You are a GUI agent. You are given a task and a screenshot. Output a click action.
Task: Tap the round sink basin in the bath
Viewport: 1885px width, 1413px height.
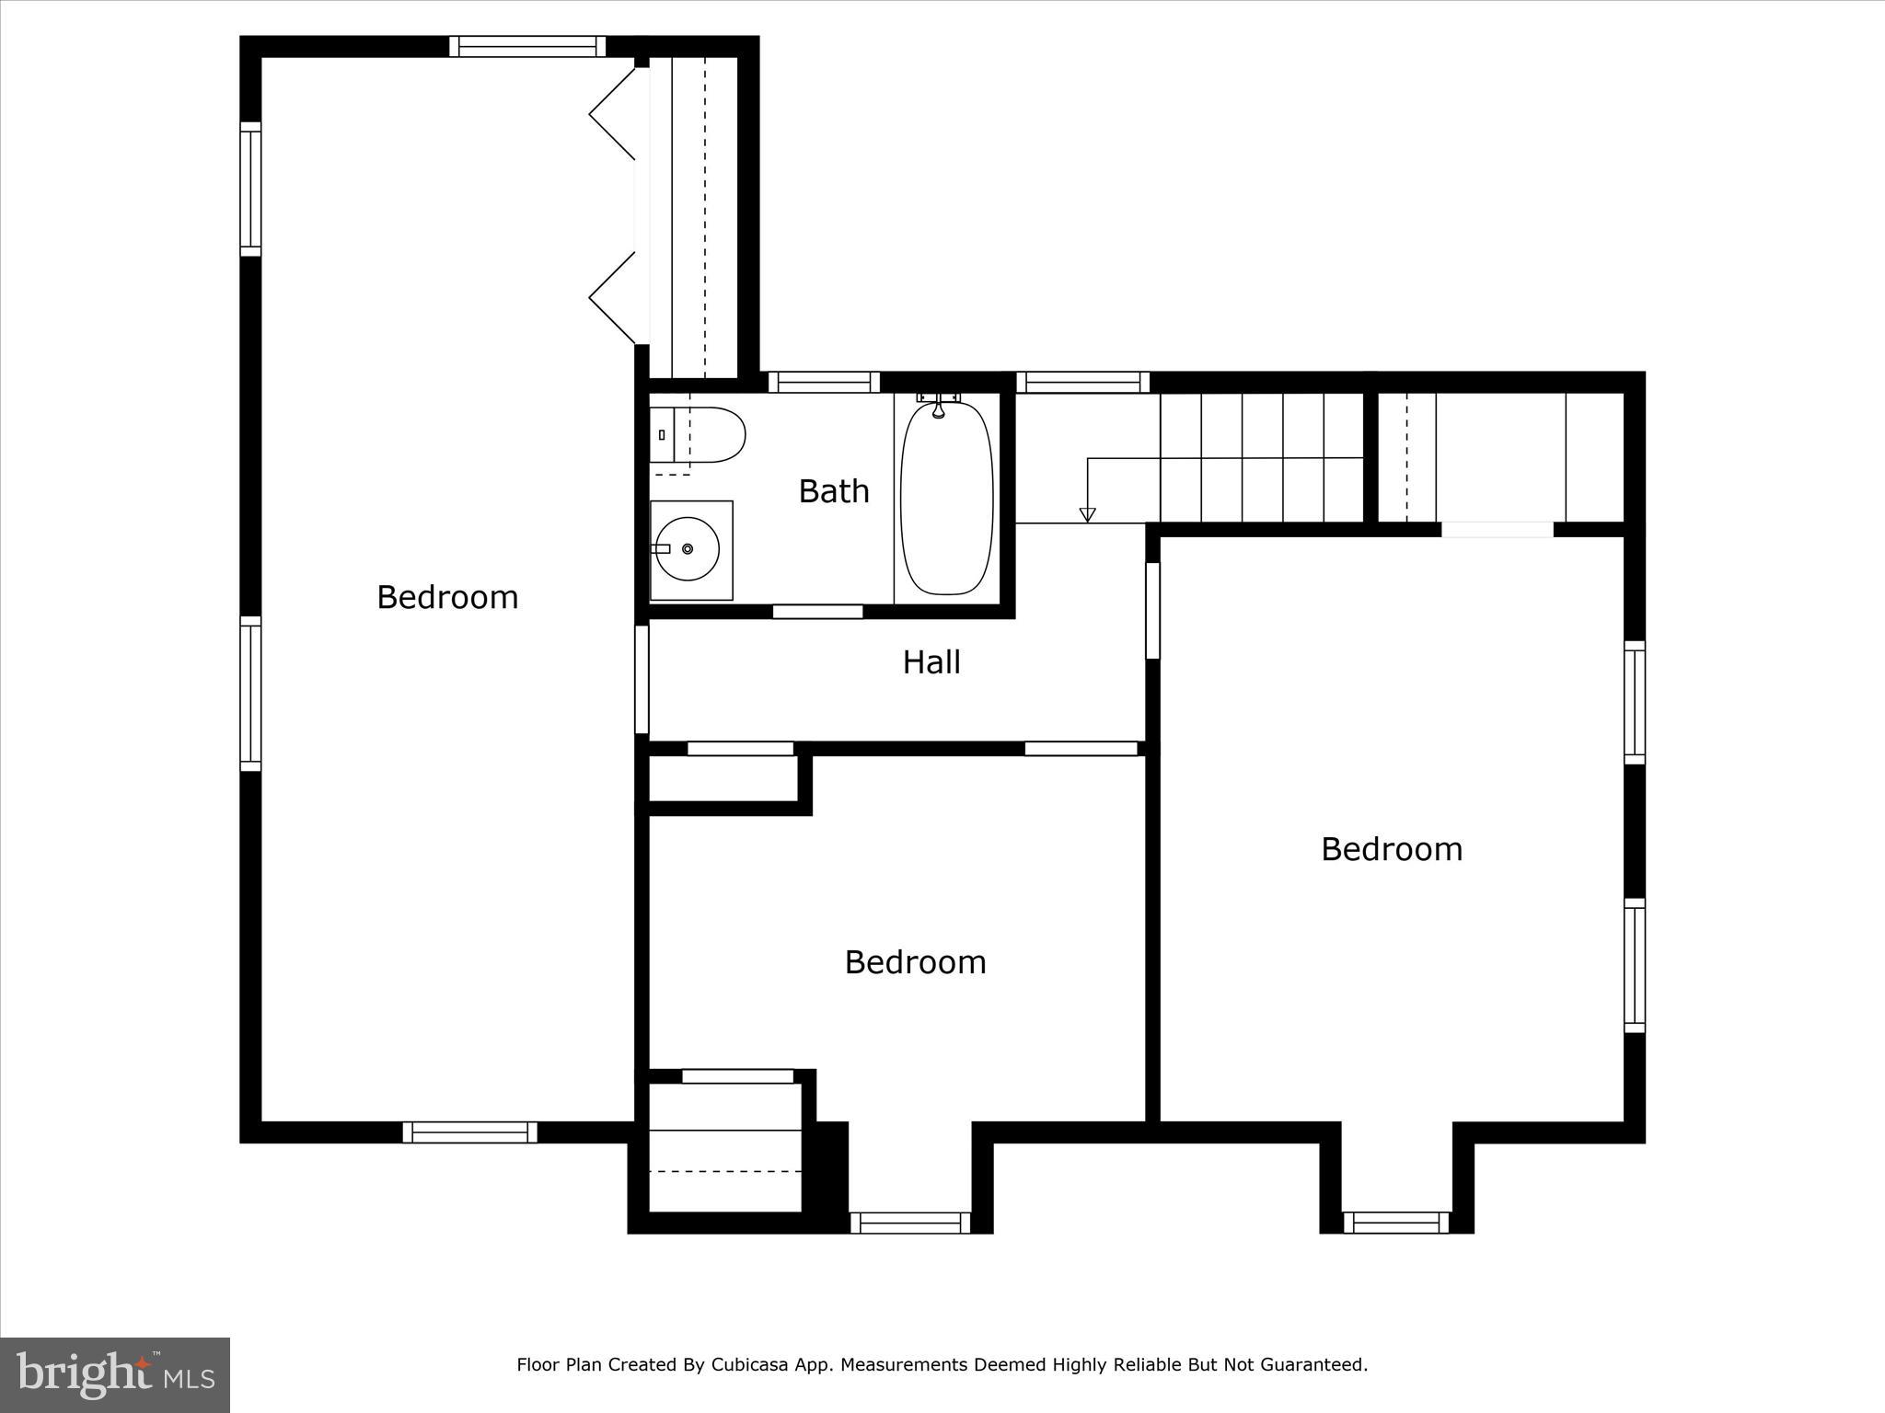[x=688, y=549]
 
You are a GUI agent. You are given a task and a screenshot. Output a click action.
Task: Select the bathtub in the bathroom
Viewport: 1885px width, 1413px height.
[x=947, y=498]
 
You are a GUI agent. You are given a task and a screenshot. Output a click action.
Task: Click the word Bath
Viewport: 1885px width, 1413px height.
[x=833, y=491]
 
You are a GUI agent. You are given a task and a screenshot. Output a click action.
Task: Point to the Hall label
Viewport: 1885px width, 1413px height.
[x=931, y=662]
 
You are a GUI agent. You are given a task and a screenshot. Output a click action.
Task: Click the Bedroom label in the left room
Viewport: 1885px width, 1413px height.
[x=447, y=598]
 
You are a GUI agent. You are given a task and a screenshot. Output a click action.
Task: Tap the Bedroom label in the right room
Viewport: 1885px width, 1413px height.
[x=1391, y=849]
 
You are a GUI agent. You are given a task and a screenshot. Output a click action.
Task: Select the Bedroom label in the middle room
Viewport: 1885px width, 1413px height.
[x=915, y=962]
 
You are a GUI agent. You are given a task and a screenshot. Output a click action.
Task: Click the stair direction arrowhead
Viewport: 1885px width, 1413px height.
[x=1087, y=515]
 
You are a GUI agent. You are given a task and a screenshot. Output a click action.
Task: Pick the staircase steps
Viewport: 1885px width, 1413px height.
[x=1261, y=457]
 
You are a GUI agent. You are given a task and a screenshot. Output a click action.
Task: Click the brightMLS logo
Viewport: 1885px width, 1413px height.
[x=115, y=1374]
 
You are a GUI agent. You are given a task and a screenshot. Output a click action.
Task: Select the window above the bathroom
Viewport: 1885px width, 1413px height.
[x=824, y=382]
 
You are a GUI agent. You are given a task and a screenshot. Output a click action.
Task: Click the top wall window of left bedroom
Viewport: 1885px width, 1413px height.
[x=527, y=46]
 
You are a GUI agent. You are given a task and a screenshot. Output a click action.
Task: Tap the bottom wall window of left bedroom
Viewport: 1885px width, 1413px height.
[x=469, y=1132]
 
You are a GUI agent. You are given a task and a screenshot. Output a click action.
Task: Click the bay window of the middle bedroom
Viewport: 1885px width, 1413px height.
[x=909, y=1223]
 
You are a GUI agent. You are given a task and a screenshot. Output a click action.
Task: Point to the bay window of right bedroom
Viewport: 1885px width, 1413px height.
[x=1395, y=1223]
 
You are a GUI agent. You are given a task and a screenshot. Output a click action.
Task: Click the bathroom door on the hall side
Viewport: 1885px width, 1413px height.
[x=817, y=612]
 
